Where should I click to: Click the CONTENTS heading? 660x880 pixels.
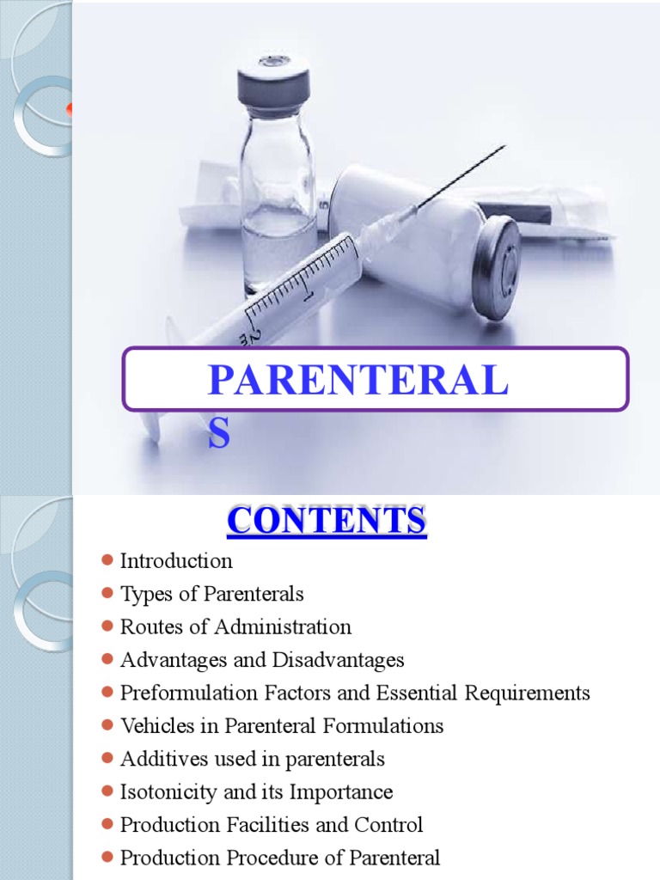coord(327,521)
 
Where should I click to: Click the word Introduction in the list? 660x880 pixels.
coord(176,561)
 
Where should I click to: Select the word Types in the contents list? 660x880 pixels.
coord(142,594)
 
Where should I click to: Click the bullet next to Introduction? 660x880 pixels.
coord(107,560)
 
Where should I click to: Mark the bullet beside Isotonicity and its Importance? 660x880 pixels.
coord(107,791)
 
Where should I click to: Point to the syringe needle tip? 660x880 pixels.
coord(504,147)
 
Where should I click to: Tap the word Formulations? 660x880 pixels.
coord(394,725)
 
